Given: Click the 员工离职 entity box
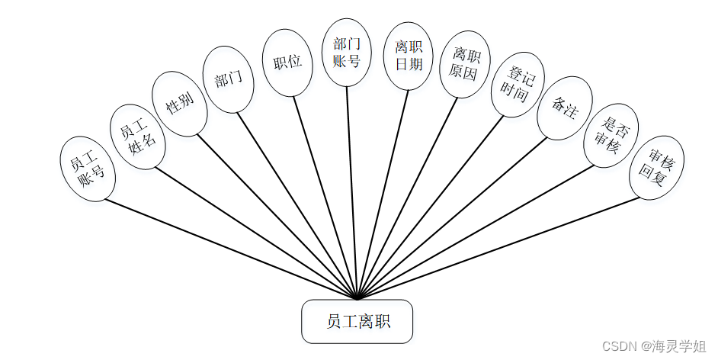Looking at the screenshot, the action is (x=357, y=321).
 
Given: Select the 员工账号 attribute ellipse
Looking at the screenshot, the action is (x=87, y=168).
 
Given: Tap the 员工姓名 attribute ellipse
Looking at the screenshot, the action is (x=138, y=137).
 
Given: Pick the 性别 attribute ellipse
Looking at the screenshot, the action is (x=180, y=103).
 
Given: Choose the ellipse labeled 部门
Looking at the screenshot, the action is (x=229, y=79).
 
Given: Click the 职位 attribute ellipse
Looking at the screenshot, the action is (x=287, y=63).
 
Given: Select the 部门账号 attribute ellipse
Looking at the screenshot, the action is (x=347, y=52).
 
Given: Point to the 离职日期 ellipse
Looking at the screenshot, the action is (x=408, y=56).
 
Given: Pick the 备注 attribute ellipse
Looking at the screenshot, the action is (x=563, y=108).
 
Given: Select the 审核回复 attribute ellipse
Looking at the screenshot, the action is (x=656, y=167).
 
